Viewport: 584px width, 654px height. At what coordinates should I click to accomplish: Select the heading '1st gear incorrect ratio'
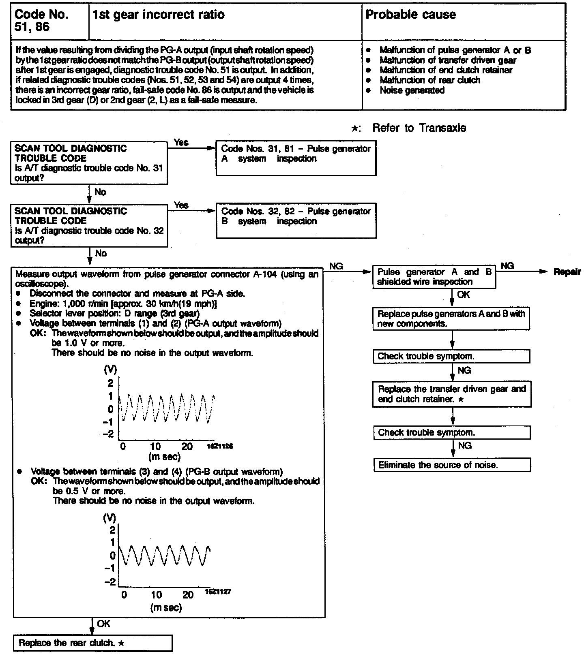(158, 15)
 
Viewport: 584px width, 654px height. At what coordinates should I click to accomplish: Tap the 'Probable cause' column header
(410, 15)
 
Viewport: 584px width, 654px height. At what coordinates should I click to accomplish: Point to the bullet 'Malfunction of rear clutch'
(430, 80)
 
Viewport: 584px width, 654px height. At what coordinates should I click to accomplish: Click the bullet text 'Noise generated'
(412, 90)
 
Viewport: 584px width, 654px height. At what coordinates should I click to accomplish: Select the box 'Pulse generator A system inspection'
(296, 158)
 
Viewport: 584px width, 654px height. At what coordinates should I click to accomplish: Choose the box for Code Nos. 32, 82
(296, 220)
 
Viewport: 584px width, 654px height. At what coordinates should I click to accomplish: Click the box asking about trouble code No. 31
(89, 163)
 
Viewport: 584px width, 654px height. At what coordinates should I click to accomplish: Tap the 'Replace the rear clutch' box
(93, 643)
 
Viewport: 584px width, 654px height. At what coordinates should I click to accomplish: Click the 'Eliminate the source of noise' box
(452, 465)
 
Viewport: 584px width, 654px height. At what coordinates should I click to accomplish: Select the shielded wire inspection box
(434, 277)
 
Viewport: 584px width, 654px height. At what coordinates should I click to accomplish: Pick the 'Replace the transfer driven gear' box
(452, 394)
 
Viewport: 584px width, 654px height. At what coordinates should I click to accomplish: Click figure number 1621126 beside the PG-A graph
(220, 446)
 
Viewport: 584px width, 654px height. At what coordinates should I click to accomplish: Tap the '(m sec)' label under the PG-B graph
(165, 607)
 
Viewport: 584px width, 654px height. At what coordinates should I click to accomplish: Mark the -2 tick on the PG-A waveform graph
(108, 434)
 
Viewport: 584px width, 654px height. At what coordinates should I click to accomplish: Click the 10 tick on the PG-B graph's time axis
(157, 595)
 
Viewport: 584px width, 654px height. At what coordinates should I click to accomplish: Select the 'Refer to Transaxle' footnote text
(419, 128)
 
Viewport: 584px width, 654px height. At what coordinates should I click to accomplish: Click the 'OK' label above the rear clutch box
(103, 624)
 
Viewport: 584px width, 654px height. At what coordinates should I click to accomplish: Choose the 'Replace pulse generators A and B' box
(451, 318)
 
